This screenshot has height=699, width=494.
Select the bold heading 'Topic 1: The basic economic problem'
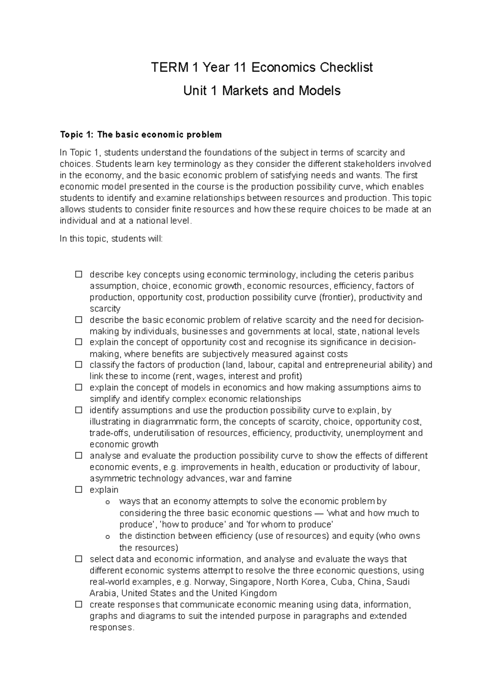pos(141,135)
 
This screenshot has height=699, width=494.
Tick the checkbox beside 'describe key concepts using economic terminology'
pos(78,274)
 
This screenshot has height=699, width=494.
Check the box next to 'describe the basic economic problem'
pos(78,320)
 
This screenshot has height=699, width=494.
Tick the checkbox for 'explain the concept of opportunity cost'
pos(78,342)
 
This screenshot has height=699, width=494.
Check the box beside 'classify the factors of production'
pos(78,365)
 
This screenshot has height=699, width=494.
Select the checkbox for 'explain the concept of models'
pos(78,387)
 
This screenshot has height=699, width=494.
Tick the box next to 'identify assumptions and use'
pos(78,410)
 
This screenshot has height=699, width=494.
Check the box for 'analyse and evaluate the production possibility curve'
pos(78,456)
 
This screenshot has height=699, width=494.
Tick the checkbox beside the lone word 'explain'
pos(78,490)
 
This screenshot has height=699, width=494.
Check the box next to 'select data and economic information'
pos(78,559)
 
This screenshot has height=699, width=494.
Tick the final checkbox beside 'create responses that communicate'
pos(78,605)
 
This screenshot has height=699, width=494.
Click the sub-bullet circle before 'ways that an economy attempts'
pos(108,502)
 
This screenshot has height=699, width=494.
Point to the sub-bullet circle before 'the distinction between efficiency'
pos(108,537)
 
